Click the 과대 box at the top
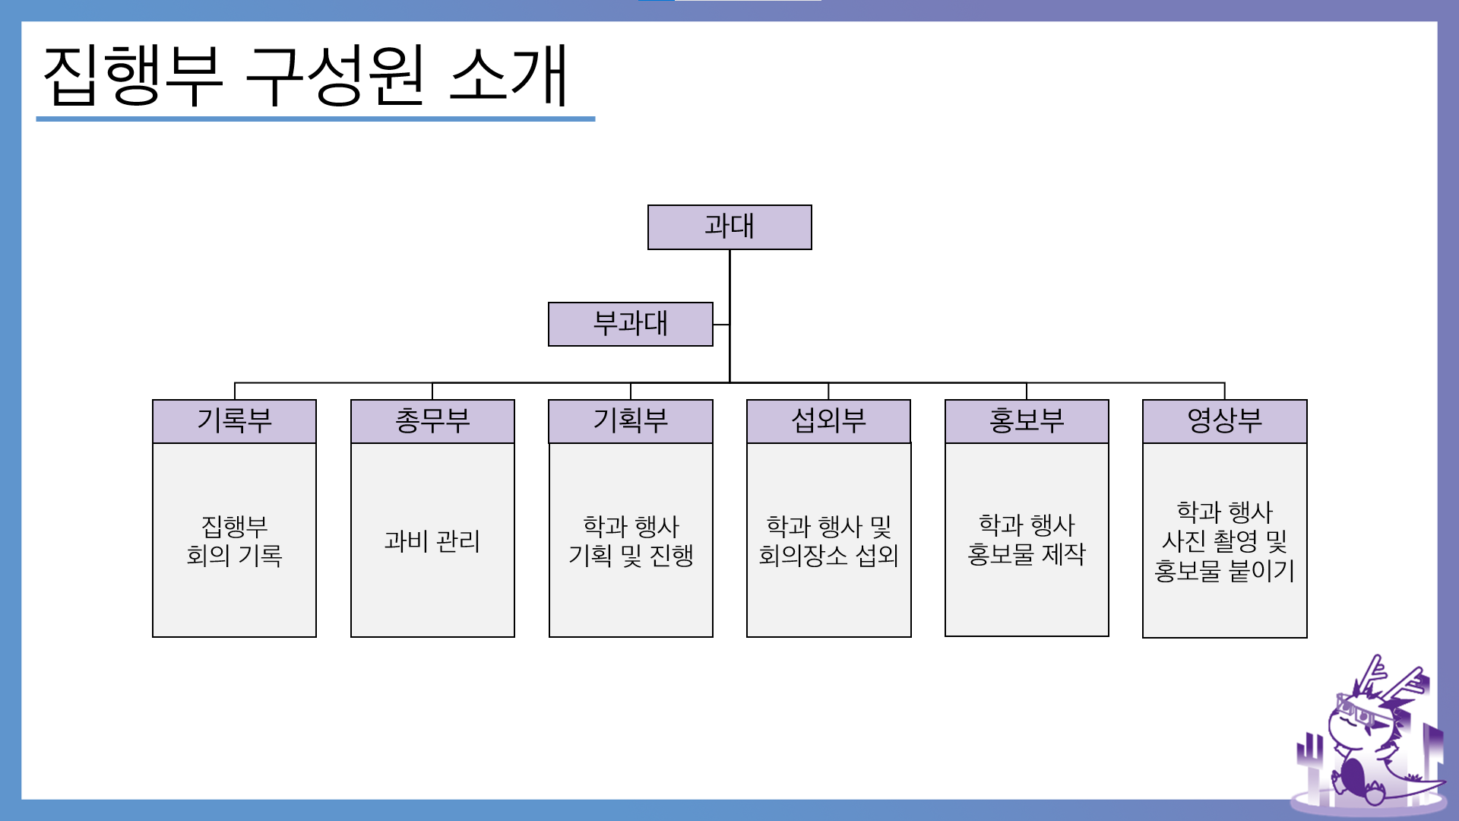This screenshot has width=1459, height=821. (x=729, y=227)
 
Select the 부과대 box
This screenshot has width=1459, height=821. (x=631, y=325)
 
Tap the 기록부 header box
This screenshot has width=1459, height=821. (x=234, y=421)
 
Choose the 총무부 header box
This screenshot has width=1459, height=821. (x=432, y=421)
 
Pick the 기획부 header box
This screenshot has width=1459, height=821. (x=631, y=421)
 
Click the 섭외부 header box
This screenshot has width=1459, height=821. (x=829, y=421)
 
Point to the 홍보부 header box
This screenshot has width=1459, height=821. (x=1027, y=421)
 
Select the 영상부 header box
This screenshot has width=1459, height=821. (x=1225, y=421)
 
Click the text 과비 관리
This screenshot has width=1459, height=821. (x=432, y=541)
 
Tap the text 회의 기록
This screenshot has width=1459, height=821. (x=234, y=556)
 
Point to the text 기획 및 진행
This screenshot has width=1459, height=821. (x=631, y=556)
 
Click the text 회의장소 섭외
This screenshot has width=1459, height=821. (x=829, y=556)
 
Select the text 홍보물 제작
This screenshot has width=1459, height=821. (x=1027, y=554)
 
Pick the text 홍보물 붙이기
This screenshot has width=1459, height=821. (x=1225, y=571)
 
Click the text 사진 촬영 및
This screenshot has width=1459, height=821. (x=1225, y=541)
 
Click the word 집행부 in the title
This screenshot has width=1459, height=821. (x=134, y=76)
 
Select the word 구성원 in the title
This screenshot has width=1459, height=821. (x=335, y=76)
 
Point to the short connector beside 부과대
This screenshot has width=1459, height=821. (x=721, y=325)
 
